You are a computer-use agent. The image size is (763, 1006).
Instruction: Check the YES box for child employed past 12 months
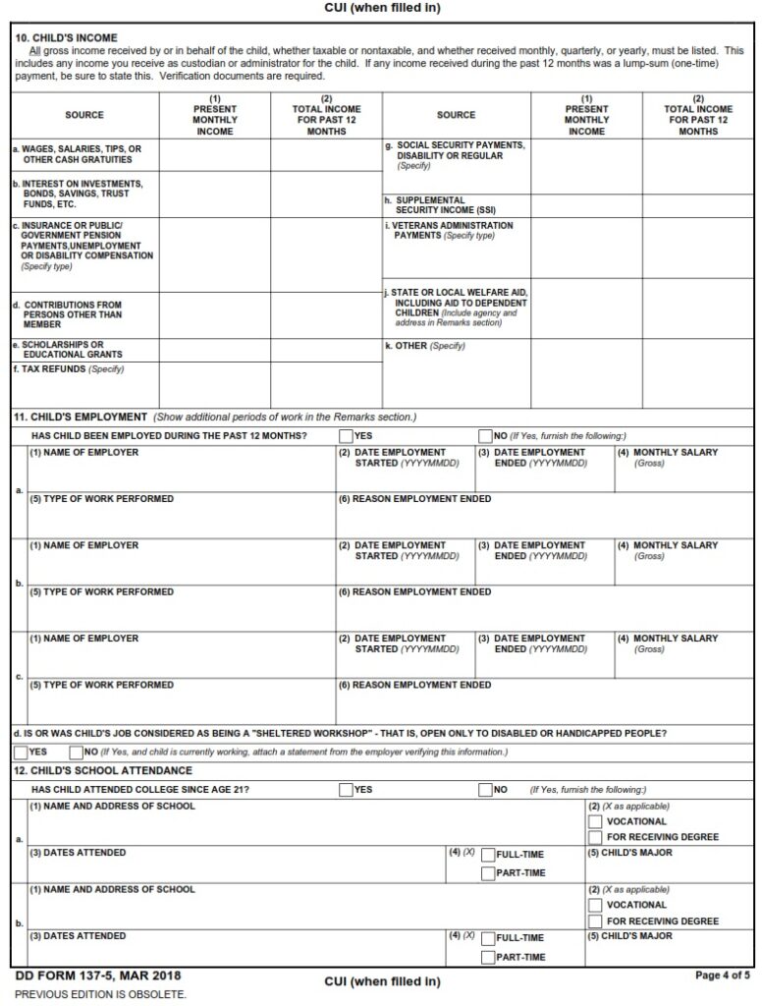346,435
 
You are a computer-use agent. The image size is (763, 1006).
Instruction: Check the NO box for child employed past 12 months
485,435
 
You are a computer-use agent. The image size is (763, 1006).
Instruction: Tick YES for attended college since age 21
346,789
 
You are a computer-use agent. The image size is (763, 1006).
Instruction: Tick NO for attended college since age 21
485,789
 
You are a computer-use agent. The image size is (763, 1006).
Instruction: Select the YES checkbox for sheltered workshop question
21,752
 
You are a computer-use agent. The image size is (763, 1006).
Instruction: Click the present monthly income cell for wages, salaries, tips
214,154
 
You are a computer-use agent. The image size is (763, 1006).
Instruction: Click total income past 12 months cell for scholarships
326,350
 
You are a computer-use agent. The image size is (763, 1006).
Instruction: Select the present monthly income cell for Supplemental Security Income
586,205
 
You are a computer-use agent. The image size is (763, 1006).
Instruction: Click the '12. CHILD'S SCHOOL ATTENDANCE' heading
103,770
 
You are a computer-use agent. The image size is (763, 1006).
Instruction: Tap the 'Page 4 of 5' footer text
722,976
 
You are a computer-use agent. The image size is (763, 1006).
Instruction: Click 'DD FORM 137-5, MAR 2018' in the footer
97,977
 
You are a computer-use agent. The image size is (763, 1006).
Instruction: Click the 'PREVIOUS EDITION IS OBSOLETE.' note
99,993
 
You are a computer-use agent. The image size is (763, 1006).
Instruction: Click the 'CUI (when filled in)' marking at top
382,8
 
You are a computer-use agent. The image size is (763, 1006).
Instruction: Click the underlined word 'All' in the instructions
35,50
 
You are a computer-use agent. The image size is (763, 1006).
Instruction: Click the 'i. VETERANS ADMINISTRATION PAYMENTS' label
449,231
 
